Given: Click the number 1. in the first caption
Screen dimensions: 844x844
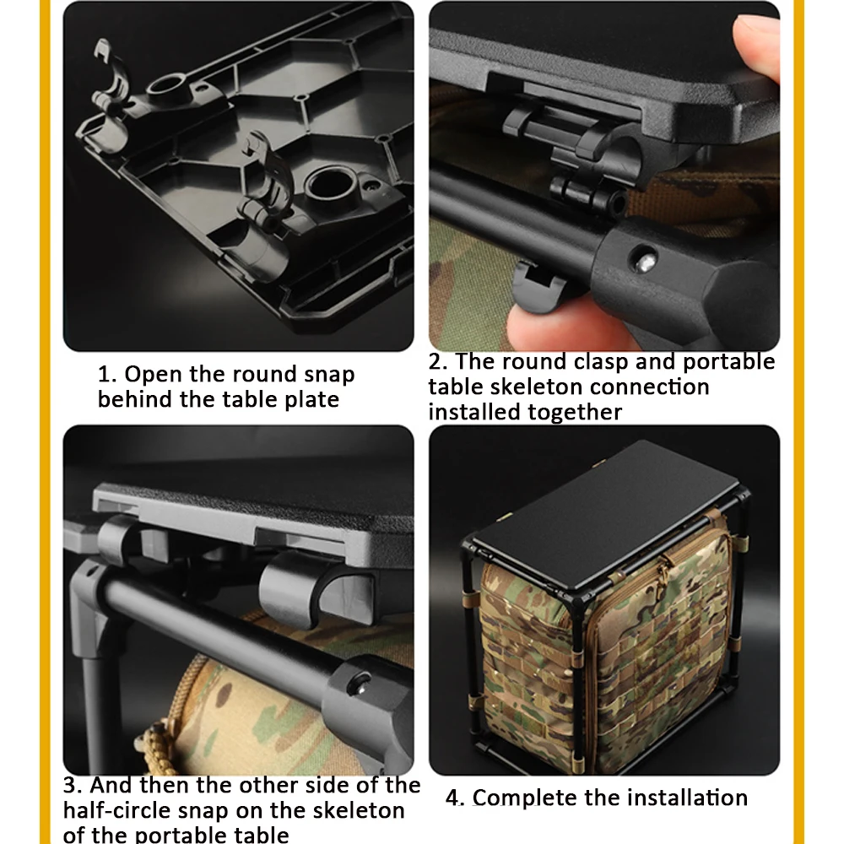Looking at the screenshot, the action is click(107, 374).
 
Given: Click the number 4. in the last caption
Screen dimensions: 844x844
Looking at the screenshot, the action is click(456, 798).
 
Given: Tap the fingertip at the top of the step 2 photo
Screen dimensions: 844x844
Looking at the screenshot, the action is click(758, 46).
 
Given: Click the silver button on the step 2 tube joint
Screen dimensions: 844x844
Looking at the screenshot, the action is click(645, 262).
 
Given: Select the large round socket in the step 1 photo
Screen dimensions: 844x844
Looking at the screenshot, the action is click(330, 186).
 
